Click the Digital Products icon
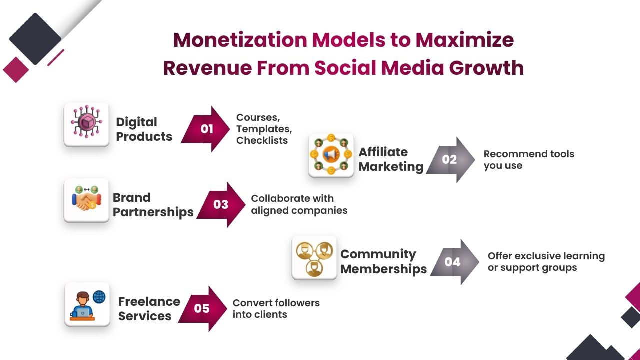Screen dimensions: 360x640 point(86,124)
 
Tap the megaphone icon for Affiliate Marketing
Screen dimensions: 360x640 point(331,155)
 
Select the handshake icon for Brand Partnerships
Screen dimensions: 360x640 point(86,200)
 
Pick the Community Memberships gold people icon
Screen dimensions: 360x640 point(314,257)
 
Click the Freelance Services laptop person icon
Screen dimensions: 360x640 point(87,304)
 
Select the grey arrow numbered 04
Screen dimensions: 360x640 point(454,262)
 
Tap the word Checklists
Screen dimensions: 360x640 point(262,140)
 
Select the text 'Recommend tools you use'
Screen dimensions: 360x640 point(529,160)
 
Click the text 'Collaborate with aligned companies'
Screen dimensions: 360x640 point(299,204)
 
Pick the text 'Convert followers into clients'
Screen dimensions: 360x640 point(276,308)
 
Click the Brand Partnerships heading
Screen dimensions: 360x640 point(153,204)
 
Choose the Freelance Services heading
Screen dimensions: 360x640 point(149,308)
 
